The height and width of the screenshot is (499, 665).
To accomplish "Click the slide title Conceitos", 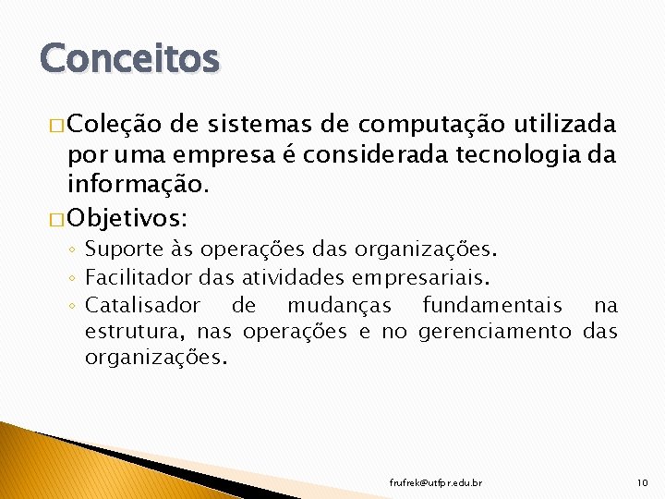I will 129,58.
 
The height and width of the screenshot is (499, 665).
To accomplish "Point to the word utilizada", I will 566,124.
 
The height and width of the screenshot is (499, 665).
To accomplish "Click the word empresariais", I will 429,277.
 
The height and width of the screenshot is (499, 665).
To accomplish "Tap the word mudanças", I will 339,306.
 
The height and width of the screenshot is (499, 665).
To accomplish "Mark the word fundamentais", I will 492,305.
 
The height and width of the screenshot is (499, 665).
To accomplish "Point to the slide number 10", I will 643,483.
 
